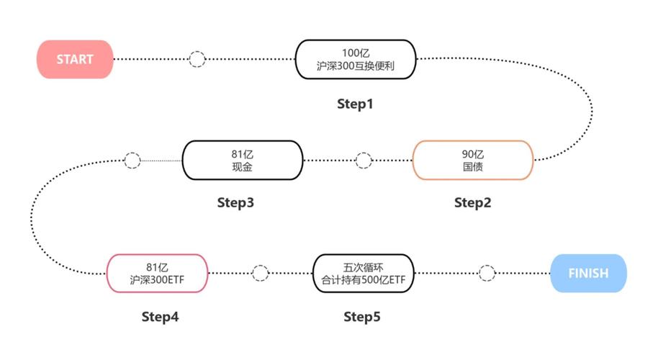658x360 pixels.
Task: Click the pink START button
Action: [x=75, y=59]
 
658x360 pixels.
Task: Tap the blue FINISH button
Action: [x=588, y=274]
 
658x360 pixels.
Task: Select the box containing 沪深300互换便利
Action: [x=356, y=59]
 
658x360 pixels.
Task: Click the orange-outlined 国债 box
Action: [x=472, y=160]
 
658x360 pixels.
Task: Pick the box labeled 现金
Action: [x=242, y=160]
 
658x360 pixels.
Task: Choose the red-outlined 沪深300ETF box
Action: [x=157, y=274]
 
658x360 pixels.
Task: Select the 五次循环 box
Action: [x=364, y=274]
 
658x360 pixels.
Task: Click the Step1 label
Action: [x=356, y=104]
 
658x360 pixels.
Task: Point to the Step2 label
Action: [x=472, y=203]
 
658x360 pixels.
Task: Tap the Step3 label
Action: [x=235, y=203]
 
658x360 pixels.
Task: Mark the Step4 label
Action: [x=160, y=317]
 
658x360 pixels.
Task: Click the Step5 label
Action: [x=362, y=317]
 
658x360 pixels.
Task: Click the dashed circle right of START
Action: [x=197, y=59]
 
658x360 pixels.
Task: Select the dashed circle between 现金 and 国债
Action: [x=364, y=160]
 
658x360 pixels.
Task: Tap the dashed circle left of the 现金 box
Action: [x=132, y=160]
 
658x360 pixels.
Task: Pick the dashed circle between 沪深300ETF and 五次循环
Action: [x=261, y=274]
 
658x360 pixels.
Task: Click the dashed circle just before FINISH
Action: [x=487, y=274]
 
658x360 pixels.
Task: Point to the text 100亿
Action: [x=356, y=53]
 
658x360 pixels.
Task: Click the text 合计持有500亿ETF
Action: [x=364, y=281]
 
